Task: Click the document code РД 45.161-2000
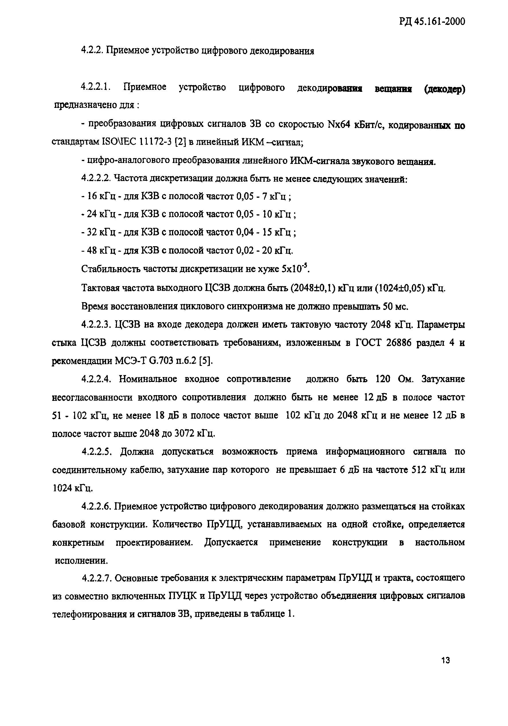[430, 22]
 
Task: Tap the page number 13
[446, 661]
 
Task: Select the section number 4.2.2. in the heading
[92, 51]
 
